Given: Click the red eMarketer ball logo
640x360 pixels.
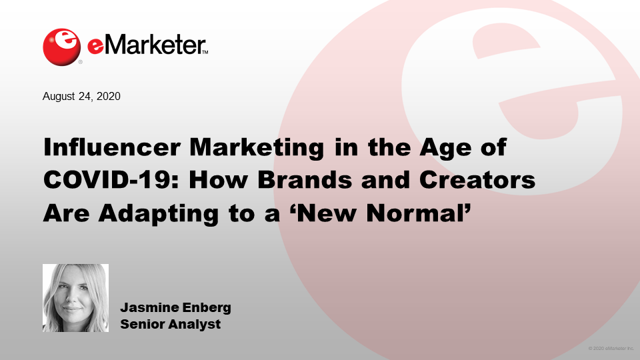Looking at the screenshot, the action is coord(61,47).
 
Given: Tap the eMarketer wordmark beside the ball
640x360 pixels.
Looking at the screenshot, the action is coord(147,45).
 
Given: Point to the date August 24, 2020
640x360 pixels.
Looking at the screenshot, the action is coord(81,96).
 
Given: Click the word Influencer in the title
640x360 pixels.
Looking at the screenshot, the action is coord(112,147).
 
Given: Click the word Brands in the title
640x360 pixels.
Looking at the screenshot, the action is coord(305,179).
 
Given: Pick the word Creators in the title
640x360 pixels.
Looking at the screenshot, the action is coord(477,179).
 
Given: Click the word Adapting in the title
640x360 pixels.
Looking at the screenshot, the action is coord(159,214).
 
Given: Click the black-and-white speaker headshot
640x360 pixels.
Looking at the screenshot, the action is coord(75,298).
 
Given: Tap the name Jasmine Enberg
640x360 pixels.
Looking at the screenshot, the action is coord(175,307).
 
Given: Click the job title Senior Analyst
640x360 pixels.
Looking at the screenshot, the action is coord(170,324).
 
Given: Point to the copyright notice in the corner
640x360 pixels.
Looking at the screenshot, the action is coord(611,349).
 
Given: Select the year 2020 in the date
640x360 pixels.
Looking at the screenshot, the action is coord(109,96).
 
